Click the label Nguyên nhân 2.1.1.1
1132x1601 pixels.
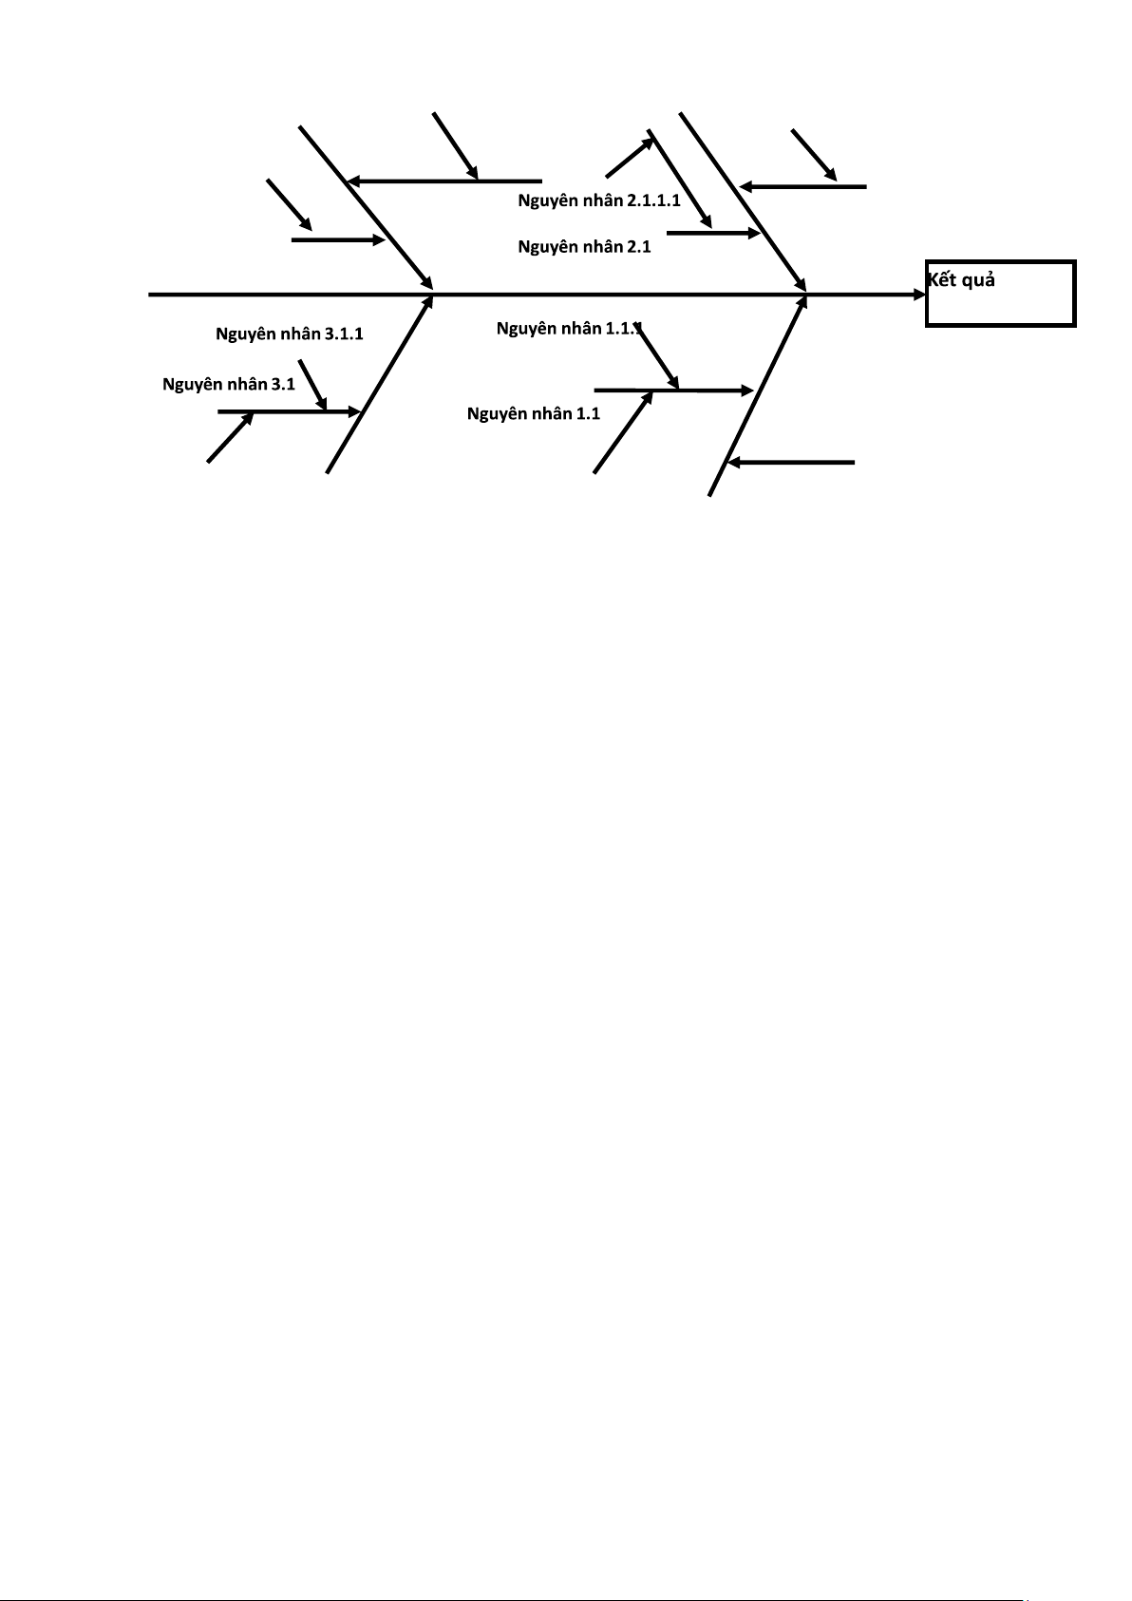(598, 200)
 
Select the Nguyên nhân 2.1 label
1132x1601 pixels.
(584, 246)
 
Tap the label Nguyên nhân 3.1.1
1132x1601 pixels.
(289, 334)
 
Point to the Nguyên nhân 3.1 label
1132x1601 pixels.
(228, 384)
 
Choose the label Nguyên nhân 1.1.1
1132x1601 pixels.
(569, 329)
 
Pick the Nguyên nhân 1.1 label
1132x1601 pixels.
(533, 413)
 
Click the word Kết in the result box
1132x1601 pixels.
(942, 280)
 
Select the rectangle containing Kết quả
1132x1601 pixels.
(1000, 294)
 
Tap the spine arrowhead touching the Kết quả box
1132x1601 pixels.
(919, 295)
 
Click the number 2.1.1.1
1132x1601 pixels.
(653, 200)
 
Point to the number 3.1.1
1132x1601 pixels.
(344, 334)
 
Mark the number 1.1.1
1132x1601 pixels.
(624, 329)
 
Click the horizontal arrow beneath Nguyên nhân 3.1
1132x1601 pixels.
(289, 411)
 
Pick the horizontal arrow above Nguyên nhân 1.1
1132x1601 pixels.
(672, 390)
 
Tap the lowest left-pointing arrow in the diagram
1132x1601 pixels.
(790, 463)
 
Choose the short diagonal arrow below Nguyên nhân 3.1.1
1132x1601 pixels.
(312, 385)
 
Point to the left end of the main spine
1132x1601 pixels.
(151, 295)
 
